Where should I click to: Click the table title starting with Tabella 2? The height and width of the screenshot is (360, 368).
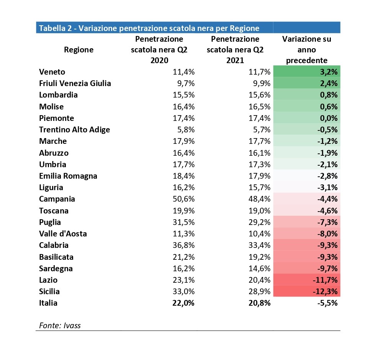point(149,28)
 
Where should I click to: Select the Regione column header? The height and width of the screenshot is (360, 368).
point(79,50)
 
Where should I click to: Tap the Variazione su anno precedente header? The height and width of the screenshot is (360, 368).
point(306,49)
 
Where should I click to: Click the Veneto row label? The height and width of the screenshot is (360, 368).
point(52,72)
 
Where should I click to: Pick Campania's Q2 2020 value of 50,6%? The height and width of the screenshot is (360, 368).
point(183,199)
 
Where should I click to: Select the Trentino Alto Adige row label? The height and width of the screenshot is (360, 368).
point(74,130)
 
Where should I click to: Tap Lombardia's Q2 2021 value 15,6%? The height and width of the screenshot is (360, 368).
point(259,95)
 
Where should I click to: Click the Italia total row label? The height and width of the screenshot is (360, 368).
point(48,303)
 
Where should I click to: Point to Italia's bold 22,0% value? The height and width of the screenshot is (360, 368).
point(183,303)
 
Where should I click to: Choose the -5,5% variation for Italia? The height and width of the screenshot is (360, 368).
point(327,303)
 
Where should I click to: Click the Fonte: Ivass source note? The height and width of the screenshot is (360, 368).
point(60,326)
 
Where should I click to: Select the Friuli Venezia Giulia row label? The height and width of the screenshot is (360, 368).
point(75,83)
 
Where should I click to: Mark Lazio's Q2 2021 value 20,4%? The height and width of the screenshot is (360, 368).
point(259,280)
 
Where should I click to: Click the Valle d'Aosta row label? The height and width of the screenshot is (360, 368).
point(63,234)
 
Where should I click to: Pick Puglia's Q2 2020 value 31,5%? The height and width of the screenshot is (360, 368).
point(183,222)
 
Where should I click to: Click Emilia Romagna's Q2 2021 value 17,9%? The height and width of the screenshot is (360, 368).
point(259,176)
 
